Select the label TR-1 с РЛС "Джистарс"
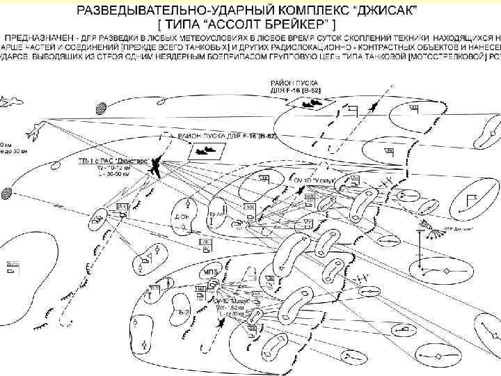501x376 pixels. (x=111, y=161)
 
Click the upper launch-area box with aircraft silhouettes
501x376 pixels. (x=307, y=102)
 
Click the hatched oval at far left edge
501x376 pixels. (x=6, y=191)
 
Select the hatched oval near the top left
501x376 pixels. (x=102, y=107)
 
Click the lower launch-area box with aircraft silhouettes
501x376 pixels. (x=205, y=150)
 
